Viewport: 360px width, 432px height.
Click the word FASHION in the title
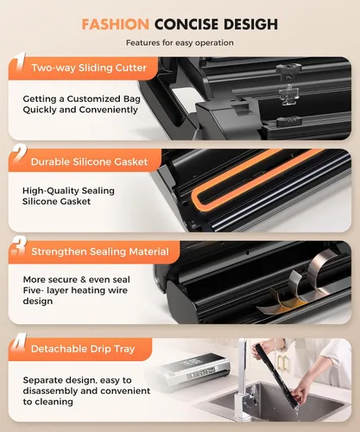point(115,24)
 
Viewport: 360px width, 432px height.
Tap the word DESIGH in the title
point(250,24)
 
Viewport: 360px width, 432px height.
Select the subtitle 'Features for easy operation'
point(180,43)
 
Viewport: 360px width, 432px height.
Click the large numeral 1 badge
point(20,61)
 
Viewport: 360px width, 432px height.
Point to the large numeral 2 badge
point(20,155)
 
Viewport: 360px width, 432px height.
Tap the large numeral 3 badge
point(19,246)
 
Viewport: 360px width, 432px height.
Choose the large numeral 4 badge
point(19,343)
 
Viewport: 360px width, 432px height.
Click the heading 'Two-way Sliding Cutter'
point(89,68)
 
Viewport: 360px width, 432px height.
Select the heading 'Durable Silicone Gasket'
point(89,162)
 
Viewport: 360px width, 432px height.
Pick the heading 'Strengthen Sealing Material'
point(100,251)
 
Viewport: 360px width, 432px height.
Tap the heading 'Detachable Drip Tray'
point(83,349)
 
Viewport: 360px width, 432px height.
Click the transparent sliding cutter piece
point(288,94)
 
